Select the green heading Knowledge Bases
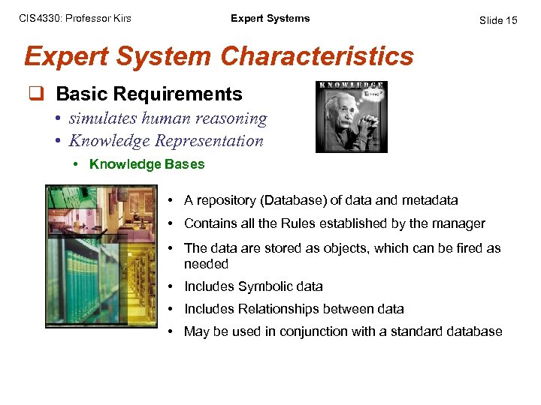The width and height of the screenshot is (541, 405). pos(147,163)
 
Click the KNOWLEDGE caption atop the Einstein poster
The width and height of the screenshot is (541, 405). pos(351,85)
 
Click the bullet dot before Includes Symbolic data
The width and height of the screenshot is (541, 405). pos(172,286)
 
